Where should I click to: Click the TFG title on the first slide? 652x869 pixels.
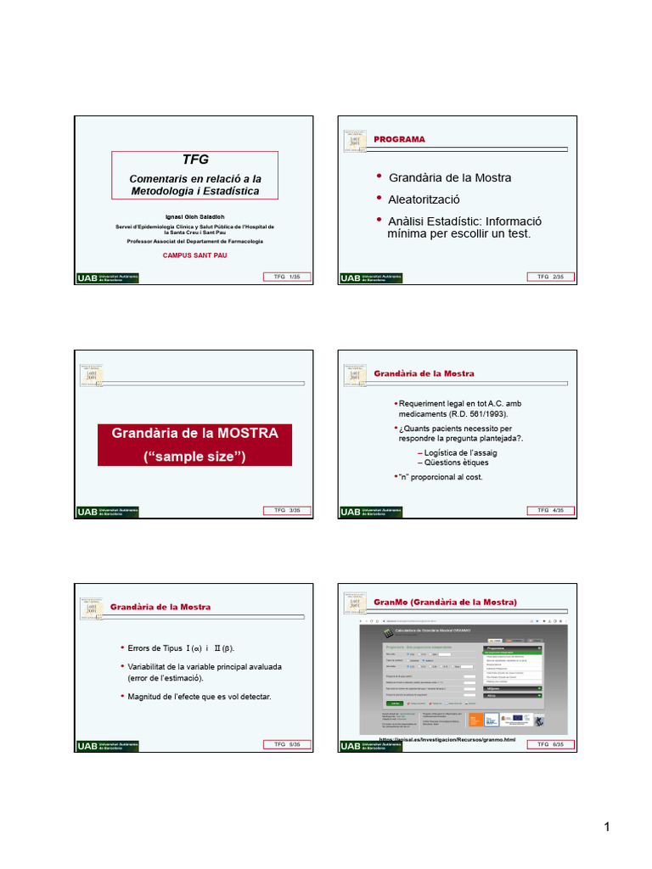[194, 160]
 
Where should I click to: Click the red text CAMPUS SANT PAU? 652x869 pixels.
[194, 255]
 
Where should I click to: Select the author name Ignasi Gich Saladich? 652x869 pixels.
[194, 217]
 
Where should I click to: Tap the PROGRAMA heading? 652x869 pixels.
[400, 139]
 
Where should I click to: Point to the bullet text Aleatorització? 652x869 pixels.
[424, 199]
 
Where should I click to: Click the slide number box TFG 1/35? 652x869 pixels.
[288, 278]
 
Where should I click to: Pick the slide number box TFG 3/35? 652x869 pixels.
[288, 511]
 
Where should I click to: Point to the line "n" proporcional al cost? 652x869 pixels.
[441, 477]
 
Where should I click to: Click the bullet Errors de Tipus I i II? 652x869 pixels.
[180, 648]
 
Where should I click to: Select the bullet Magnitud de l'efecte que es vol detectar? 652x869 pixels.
[199, 697]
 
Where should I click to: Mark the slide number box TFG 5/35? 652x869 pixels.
[288, 745]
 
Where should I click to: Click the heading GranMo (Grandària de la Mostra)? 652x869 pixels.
[445, 602]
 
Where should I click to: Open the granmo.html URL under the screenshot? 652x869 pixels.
[447, 739]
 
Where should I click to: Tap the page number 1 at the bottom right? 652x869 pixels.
[608, 828]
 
